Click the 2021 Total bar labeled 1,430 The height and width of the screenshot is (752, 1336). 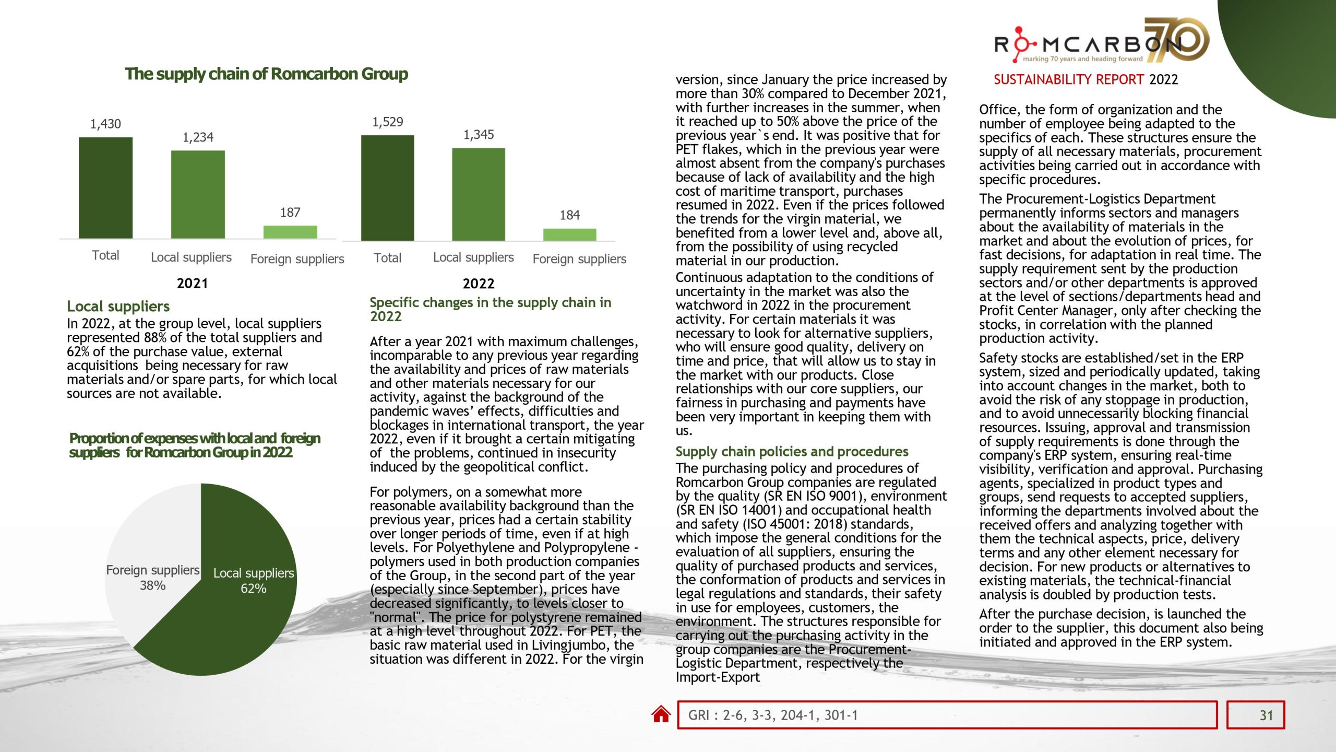coord(105,188)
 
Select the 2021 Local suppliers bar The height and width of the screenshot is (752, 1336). coord(198,194)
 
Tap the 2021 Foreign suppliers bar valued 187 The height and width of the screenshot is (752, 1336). coord(290,232)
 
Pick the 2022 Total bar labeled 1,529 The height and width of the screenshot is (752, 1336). coord(387,188)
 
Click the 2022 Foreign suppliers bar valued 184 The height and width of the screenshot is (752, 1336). coord(569,234)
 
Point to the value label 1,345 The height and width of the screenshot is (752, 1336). coord(479,135)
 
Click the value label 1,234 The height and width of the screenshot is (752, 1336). coord(198,137)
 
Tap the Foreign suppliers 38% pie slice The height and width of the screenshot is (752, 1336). coord(151,538)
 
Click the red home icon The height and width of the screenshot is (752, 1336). coord(661,714)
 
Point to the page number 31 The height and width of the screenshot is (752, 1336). coord(1266,715)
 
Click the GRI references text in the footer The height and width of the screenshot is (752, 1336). coord(772,715)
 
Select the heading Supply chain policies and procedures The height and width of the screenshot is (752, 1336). coord(792,452)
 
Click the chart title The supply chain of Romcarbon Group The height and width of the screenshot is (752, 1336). coord(266,74)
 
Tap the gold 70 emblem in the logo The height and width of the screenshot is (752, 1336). coord(1179,39)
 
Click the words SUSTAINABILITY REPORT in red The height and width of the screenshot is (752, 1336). coord(1069,79)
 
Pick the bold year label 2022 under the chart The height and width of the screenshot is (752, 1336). coord(478,284)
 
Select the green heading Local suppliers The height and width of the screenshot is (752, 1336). coord(118,306)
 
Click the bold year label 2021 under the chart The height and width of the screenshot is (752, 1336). coord(192,284)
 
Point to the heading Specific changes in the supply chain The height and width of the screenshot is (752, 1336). coord(490,303)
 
